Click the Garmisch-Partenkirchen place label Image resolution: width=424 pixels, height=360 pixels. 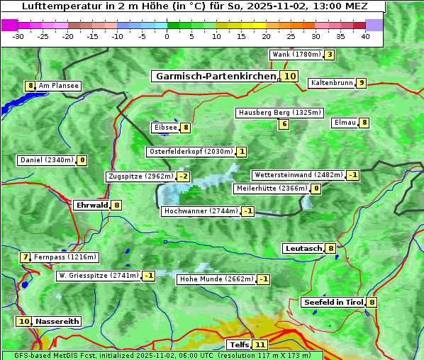[214, 76]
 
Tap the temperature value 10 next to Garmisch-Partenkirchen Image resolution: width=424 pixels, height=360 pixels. [289, 77]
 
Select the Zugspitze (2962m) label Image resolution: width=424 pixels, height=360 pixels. [140, 176]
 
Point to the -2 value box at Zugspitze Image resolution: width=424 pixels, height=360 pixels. [184, 176]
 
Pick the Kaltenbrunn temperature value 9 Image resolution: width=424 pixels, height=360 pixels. [361, 83]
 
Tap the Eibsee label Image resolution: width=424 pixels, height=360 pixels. [164, 128]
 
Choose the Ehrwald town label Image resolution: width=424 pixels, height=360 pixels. [91, 205]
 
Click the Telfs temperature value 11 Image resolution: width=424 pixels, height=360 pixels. [260, 345]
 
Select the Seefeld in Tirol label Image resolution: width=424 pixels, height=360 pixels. [333, 303]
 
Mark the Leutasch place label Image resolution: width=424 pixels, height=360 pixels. [303, 248]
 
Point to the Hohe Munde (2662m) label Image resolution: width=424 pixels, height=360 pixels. [216, 279]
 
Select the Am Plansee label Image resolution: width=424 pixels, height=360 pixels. [58, 86]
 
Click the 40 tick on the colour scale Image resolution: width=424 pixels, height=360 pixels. [365, 36]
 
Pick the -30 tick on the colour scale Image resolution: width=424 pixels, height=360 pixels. [18, 36]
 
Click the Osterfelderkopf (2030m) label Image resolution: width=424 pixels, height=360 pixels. [190, 152]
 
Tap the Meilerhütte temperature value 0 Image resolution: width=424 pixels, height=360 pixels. [316, 189]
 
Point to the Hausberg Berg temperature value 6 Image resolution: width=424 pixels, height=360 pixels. [284, 124]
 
